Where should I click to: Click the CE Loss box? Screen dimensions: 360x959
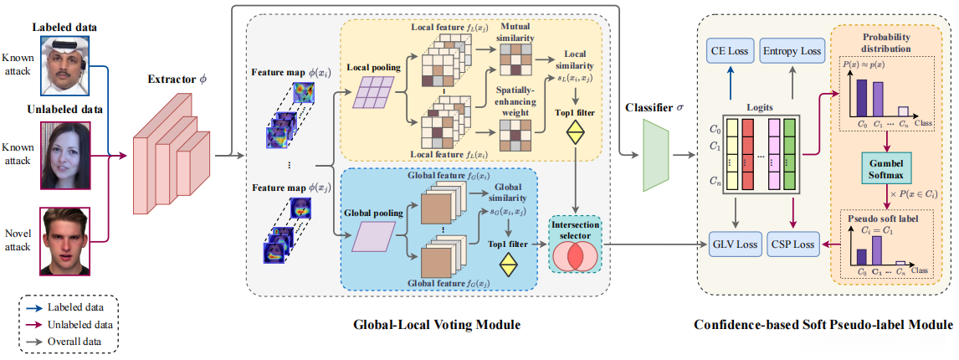point(729,51)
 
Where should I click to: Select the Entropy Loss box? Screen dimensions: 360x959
point(791,51)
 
